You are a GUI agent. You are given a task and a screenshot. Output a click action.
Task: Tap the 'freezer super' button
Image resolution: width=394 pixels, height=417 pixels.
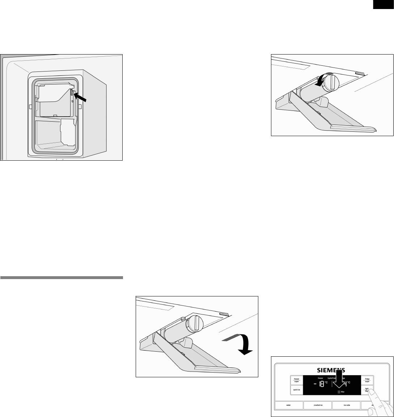point(296,381)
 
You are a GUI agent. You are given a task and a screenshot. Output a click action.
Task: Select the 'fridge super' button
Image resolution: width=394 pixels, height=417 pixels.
point(367,381)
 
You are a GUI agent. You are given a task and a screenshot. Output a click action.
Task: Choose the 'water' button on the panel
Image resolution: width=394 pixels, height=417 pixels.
point(288,405)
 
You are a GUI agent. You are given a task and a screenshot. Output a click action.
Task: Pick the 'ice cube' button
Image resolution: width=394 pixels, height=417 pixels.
point(346,405)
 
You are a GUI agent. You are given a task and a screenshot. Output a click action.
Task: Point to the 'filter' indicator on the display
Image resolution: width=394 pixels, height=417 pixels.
point(340,391)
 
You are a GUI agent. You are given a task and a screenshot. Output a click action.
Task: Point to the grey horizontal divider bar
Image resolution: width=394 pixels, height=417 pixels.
point(62,278)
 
